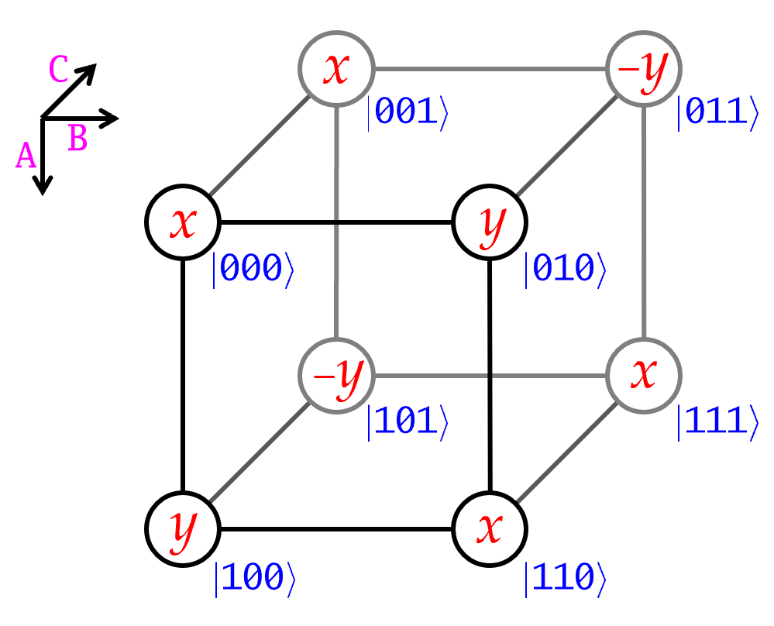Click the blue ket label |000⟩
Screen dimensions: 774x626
(x=253, y=269)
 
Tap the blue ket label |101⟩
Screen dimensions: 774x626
(x=408, y=422)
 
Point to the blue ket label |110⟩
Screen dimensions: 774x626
(x=565, y=578)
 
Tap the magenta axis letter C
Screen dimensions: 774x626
(x=58, y=69)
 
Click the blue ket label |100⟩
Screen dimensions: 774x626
(x=255, y=578)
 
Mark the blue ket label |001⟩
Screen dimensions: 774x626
(x=408, y=113)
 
